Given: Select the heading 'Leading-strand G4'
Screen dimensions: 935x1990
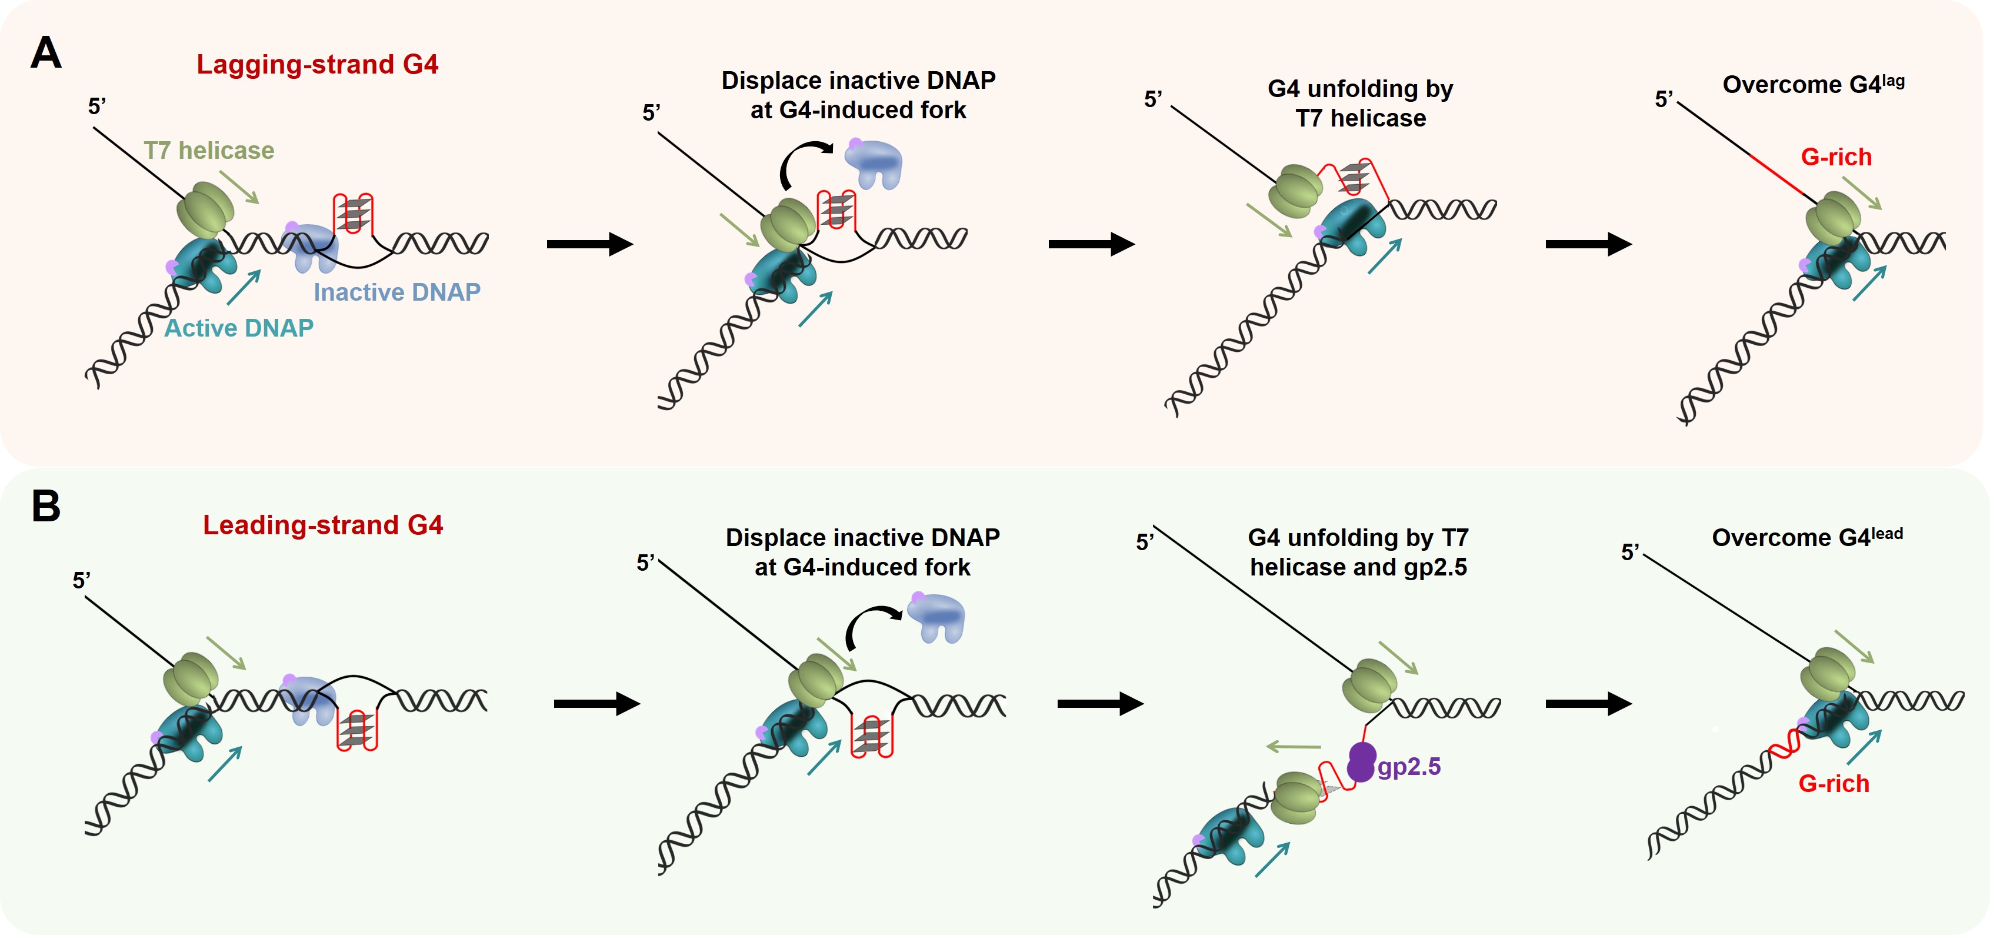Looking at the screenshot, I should pos(322,525).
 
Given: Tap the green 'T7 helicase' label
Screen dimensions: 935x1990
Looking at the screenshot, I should pos(209,150).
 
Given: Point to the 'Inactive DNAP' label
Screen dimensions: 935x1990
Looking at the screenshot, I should pos(396,292).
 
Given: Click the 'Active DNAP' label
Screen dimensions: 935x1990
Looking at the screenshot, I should pos(239,328).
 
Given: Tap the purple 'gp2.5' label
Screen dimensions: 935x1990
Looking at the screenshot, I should pos(1408,767).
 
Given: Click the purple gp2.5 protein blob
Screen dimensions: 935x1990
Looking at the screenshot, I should pos(1361,762).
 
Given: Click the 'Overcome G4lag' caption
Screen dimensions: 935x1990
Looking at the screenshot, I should pos(1812,84).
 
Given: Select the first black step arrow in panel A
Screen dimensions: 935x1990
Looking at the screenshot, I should pos(589,244).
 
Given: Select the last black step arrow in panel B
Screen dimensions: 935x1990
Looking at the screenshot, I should pos(1588,703).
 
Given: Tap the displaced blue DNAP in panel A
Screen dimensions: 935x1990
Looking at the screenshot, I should pos(874,163).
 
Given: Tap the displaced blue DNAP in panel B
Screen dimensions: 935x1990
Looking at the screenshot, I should pos(935,617).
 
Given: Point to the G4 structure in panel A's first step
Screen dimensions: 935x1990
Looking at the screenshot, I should pos(353,213).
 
